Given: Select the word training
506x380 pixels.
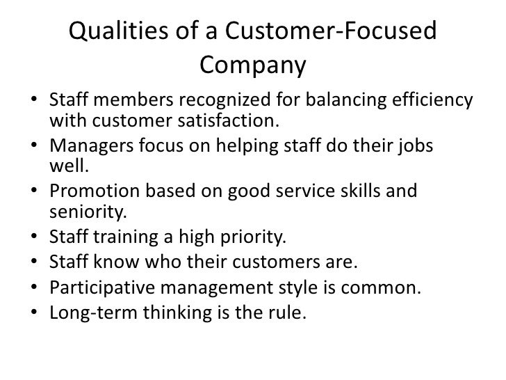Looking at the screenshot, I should [x=124, y=239].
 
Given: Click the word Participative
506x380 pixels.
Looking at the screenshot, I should [x=99, y=287].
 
